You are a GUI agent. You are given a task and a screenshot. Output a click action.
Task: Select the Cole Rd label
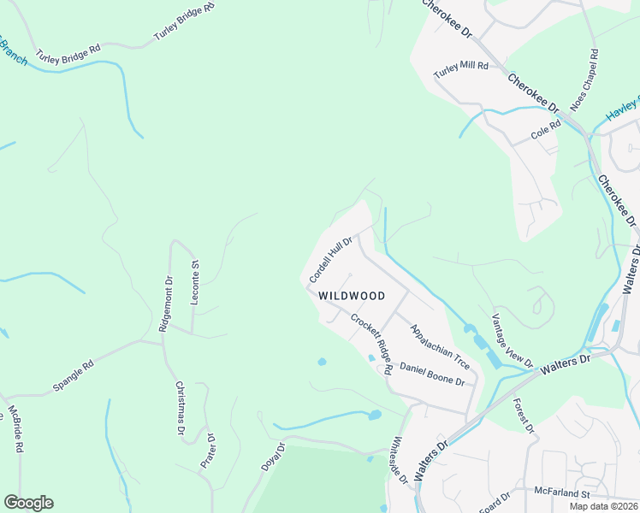click(x=545, y=130)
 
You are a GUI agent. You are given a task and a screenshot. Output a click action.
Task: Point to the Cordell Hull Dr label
click(x=331, y=260)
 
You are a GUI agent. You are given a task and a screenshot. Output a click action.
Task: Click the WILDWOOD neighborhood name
click(x=352, y=296)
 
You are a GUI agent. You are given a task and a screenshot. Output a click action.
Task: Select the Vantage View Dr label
click(x=512, y=340)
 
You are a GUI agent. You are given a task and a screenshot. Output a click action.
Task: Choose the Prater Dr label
click(x=208, y=452)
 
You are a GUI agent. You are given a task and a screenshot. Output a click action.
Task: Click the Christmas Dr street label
click(x=180, y=410)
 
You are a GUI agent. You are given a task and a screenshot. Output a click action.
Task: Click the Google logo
click(x=28, y=503)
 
